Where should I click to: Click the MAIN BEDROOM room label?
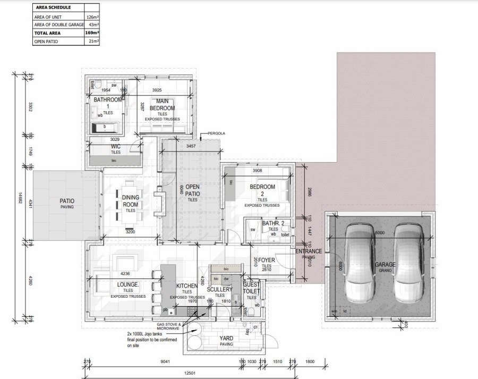(x=162, y=105)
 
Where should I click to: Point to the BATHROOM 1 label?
(x=108, y=103)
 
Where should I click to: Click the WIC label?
(x=116, y=146)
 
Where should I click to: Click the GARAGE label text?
(x=386, y=265)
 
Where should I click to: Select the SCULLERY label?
(x=219, y=290)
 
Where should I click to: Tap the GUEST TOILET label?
(x=251, y=288)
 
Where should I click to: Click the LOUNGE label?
(x=127, y=284)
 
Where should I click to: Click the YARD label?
(x=227, y=338)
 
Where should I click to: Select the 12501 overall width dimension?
(x=190, y=373)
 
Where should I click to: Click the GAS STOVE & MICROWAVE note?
(x=169, y=326)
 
